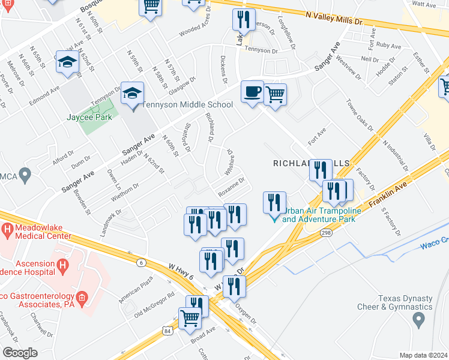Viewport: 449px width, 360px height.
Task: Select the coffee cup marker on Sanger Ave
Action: [252, 92]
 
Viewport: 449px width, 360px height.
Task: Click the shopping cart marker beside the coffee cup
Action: [275, 94]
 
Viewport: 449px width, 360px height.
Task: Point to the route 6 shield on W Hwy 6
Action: [140, 262]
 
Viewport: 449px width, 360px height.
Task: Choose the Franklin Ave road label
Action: [389, 195]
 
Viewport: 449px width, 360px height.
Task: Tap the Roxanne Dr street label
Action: [231, 185]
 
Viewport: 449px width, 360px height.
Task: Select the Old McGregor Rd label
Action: [155, 304]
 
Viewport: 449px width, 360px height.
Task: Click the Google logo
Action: [20, 352]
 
